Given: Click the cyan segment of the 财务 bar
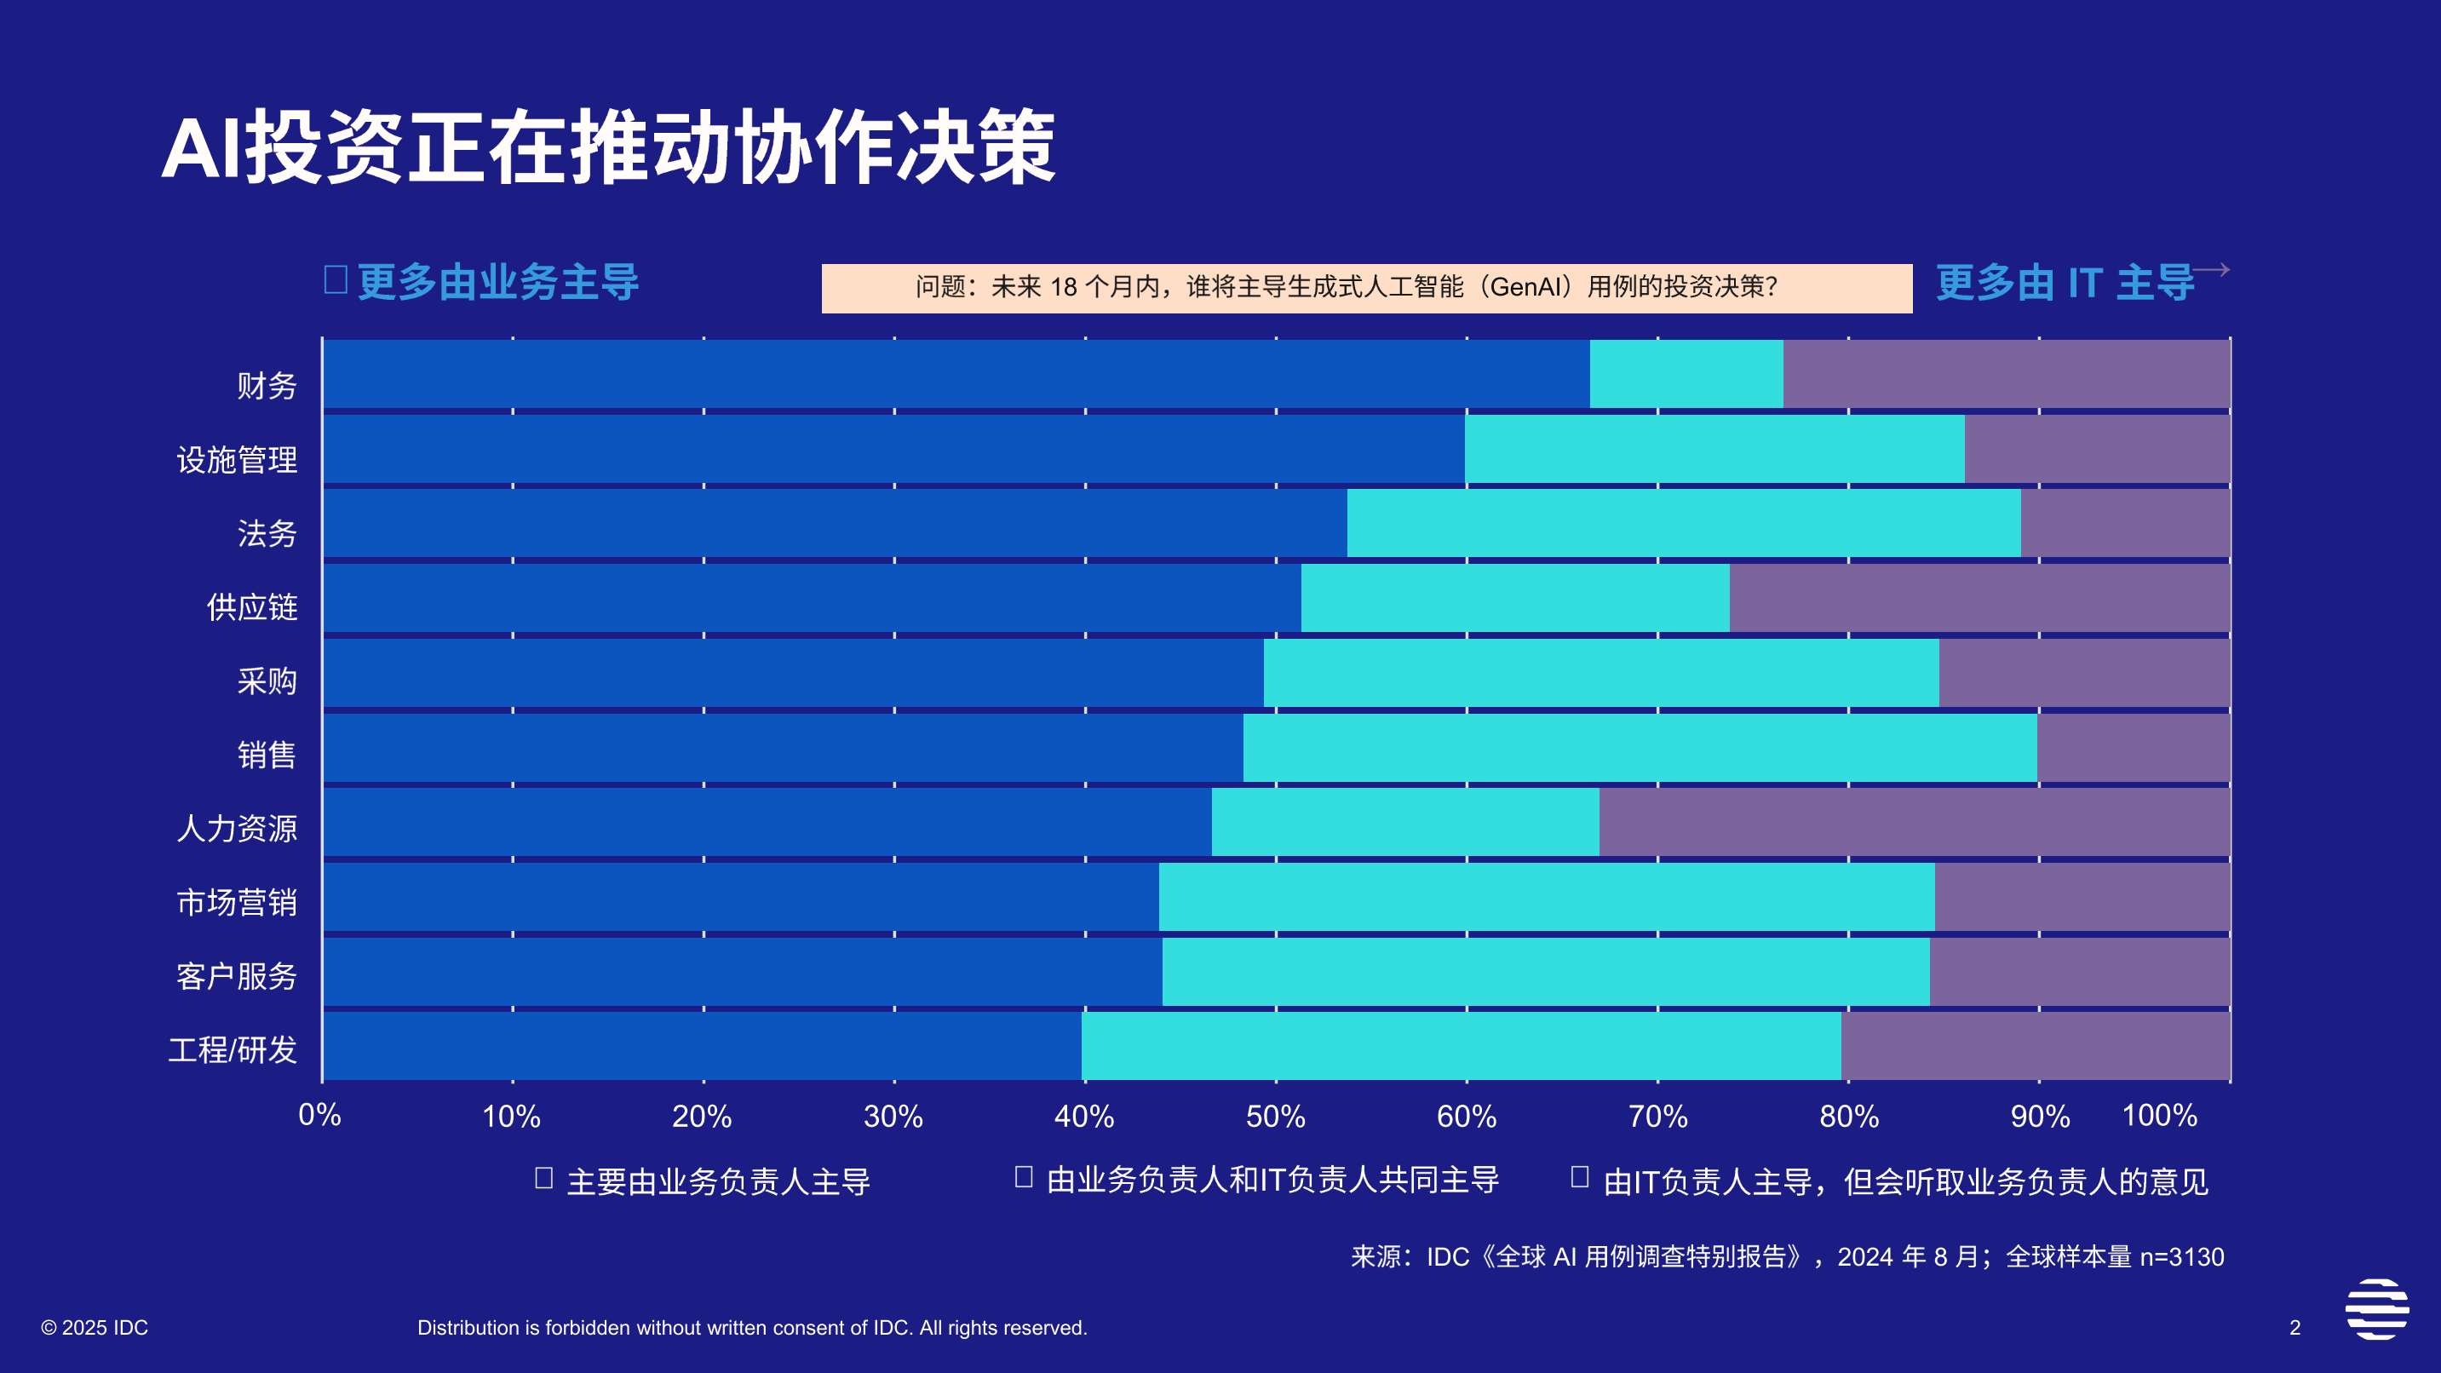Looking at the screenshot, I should pyautogui.click(x=1686, y=373).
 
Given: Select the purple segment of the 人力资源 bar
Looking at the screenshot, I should pyautogui.click(x=1914, y=822).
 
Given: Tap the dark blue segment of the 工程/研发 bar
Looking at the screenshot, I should pyautogui.click(x=701, y=1045).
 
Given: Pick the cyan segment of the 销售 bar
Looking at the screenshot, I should pyautogui.click(x=1640, y=748).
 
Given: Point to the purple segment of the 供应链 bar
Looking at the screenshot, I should pyautogui.click(x=1979, y=598).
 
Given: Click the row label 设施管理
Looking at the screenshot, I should pyautogui.click(x=237, y=460).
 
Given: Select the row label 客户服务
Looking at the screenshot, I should pyautogui.click(x=237, y=976).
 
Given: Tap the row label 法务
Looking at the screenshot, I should pyautogui.click(x=267, y=533).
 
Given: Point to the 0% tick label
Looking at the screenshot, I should pyautogui.click(x=320, y=1115).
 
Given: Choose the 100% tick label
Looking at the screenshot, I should pyautogui.click(x=2158, y=1115).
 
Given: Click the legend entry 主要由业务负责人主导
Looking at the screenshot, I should pyautogui.click(x=717, y=1181).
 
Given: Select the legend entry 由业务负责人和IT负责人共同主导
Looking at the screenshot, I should pyautogui.click(x=1272, y=1180).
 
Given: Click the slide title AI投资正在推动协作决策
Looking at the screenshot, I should pyautogui.click(x=607, y=148).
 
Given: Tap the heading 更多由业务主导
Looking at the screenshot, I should pyautogui.click(x=497, y=283).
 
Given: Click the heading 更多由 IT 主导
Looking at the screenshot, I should pyautogui.click(x=2065, y=283).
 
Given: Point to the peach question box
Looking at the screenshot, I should pyautogui.click(x=1365, y=288).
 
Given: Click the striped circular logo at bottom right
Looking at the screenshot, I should pyautogui.click(x=2377, y=1308).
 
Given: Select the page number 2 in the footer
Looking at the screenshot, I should pyautogui.click(x=2295, y=1328).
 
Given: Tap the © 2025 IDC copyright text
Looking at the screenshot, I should pyautogui.click(x=95, y=1328).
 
